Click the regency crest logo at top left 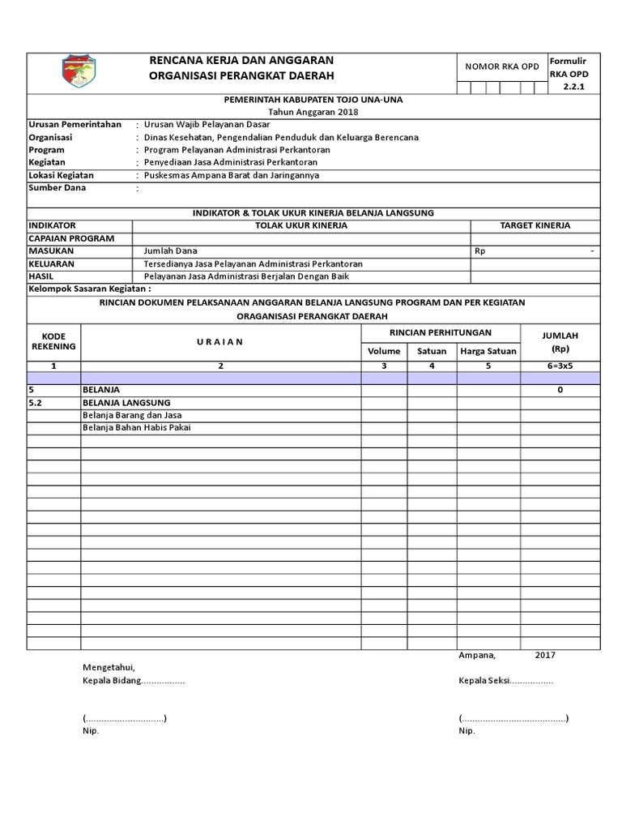(79, 73)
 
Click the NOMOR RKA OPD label (501, 67)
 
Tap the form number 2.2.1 (573, 87)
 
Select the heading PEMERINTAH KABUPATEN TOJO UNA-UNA (313, 100)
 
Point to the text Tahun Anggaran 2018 (313, 112)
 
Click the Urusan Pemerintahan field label (75, 125)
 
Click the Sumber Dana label (57, 188)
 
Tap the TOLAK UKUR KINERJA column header (300, 225)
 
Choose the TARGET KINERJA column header (535, 225)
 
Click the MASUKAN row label (51, 251)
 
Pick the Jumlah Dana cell (170, 251)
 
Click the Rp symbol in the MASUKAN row (480, 251)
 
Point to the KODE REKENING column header (53, 341)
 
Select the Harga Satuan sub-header (488, 351)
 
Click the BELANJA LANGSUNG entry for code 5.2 (126, 403)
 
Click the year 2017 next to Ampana (545, 656)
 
